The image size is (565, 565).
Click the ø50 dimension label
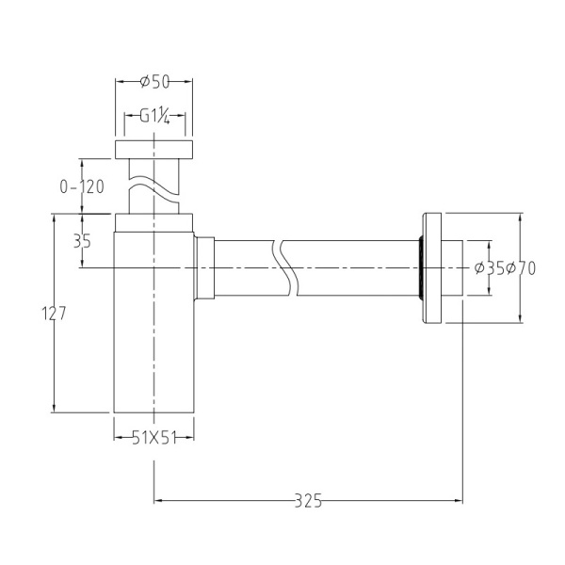(x=153, y=82)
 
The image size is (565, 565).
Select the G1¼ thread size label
(x=153, y=118)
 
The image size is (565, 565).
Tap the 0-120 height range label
(x=81, y=186)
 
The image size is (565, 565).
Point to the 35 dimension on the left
(x=82, y=241)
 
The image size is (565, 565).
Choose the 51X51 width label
(x=153, y=436)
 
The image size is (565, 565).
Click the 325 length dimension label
(x=307, y=501)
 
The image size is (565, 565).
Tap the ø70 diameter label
(x=521, y=268)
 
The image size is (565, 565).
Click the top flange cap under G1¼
(x=153, y=149)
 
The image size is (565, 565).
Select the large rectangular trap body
(x=153, y=325)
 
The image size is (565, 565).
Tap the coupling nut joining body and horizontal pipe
(x=205, y=268)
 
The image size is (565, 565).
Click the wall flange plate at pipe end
(x=434, y=268)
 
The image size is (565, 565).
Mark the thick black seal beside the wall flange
(x=420, y=268)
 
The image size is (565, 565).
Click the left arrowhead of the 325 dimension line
(x=158, y=501)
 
